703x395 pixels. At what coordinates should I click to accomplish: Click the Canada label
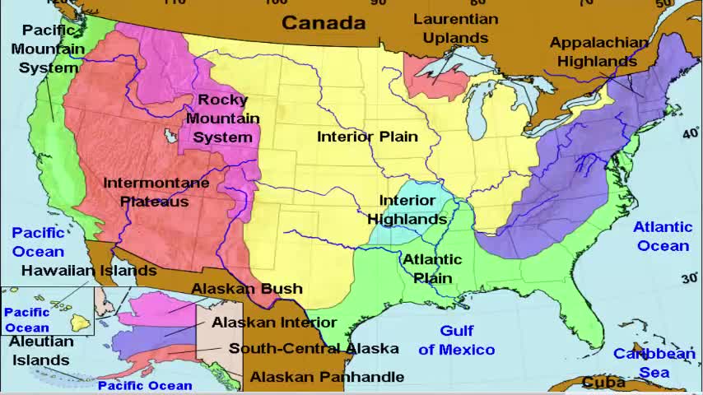[x=324, y=22]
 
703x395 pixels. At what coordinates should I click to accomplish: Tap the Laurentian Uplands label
[x=455, y=28]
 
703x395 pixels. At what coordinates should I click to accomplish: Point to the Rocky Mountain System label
[x=222, y=118]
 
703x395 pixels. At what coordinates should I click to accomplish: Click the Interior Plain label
[x=367, y=137]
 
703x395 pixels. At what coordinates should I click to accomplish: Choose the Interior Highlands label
[x=407, y=210]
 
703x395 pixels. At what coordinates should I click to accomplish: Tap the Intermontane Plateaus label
[x=156, y=192]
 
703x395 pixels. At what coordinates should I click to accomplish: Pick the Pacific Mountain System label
[x=49, y=49]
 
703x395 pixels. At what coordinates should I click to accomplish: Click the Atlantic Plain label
[x=432, y=268]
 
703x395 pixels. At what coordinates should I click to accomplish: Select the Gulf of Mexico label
[x=456, y=340]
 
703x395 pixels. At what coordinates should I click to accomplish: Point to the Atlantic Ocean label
[x=663, y=236]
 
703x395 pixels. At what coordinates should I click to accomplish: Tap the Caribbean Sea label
[x=654, y=363]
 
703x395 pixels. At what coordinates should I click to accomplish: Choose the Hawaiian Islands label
[x=89, y=270]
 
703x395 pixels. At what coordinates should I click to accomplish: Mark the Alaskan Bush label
[x=247, y=289]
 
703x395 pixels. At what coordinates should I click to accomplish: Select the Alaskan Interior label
[x=274, y=323]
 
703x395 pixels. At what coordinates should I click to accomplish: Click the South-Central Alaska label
[x=314, y=348]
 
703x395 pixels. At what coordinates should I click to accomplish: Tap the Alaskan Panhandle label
[x=327, y=377]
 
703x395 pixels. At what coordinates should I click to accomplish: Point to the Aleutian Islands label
[x=41, y=351]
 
